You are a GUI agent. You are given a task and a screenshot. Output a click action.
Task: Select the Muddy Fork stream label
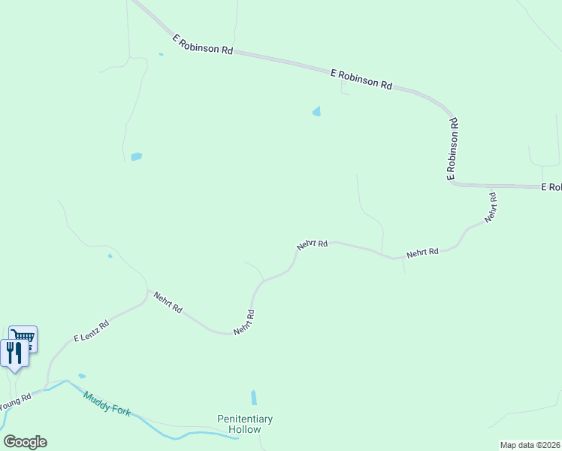107,404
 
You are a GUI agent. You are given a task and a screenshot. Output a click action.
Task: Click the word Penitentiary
245,419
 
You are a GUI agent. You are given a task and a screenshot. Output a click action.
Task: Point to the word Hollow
245,429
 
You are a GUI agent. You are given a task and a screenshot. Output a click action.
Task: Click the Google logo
25,442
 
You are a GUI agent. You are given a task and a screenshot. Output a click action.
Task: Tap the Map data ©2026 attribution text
530,445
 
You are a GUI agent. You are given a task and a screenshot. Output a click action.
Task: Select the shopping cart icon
23,337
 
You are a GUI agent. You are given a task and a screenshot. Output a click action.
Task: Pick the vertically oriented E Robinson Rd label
452,149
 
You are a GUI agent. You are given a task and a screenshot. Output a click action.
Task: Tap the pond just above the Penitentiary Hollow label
254,398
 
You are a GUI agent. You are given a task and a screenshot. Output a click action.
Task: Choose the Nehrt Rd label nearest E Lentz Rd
168,302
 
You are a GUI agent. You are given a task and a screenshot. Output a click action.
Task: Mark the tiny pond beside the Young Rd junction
82,376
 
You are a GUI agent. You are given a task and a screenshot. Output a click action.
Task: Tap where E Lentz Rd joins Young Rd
47,387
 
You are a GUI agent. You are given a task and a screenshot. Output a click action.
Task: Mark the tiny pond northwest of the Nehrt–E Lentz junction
110,256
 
